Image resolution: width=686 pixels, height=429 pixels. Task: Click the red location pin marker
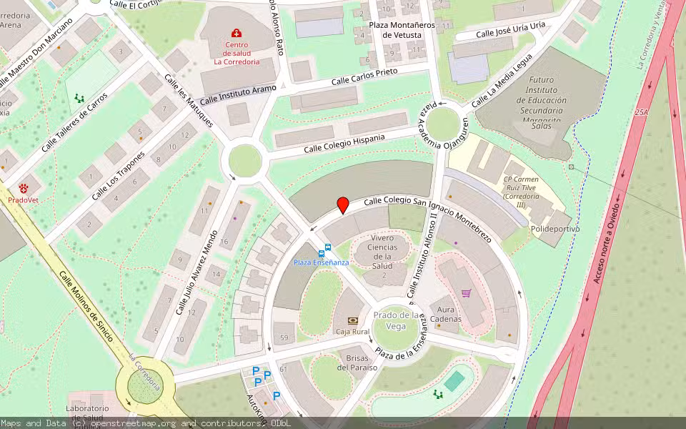point(343,204)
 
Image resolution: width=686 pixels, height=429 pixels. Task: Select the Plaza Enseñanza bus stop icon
point(327,250)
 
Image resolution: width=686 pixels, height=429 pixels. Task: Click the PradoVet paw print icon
point(24,188)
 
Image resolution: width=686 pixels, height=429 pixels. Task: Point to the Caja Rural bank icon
point(352,321)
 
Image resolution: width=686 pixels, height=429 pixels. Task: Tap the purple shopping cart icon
point(466,292)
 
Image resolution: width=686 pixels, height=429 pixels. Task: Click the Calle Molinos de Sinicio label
point(86,306)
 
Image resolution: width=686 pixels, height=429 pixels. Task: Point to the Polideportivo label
point(555,229)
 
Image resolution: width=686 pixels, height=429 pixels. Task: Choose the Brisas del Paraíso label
point(362,363)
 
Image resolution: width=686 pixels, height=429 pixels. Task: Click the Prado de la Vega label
point(397,320)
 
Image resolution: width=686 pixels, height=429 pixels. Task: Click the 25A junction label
point(642,112)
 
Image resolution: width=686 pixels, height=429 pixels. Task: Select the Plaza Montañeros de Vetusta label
point(402,29)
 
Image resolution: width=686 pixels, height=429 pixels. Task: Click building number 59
point(284,337)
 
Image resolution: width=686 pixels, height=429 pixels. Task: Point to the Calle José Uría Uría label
point(510,29)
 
